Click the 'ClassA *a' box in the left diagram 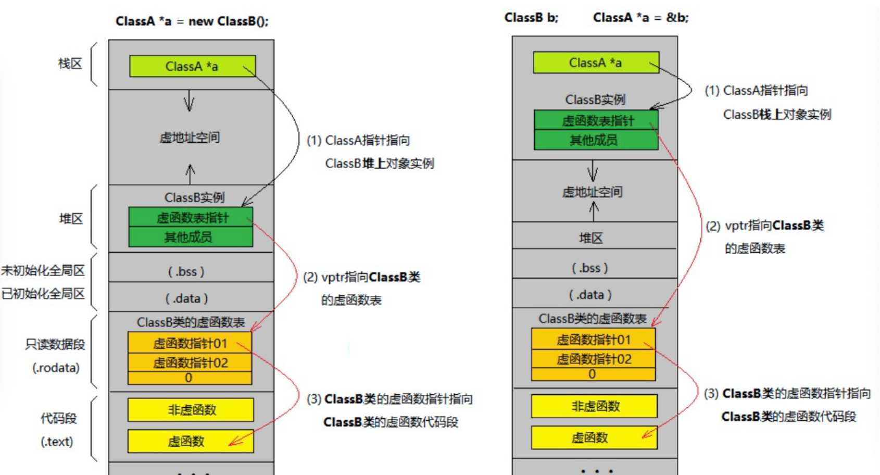tap(192, 67)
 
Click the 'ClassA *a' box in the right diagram tap(596, 63)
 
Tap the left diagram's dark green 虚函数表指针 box tap(191, 217)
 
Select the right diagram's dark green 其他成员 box tap(596, 140)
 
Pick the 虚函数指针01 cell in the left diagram tap(190, 343)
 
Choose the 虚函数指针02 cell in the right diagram tap(594, 359)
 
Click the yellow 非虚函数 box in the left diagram tap(191, 410)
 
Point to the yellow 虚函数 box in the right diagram tap(594, 438)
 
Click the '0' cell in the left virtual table tap(189, 378)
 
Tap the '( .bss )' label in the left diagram tap(186, 271)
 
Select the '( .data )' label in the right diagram tap(590, 295)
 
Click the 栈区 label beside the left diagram tap(70, 64)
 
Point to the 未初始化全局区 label tap(43, 270)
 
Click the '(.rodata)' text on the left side tap(56, 368)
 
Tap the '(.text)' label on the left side tap(57, 442)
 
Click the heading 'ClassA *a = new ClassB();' tap(192, 21)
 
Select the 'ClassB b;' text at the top tap(531, 18)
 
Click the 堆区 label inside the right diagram tap(591, 238)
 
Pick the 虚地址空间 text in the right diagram tap(593, 192)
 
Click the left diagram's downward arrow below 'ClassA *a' tap(189, 101)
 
